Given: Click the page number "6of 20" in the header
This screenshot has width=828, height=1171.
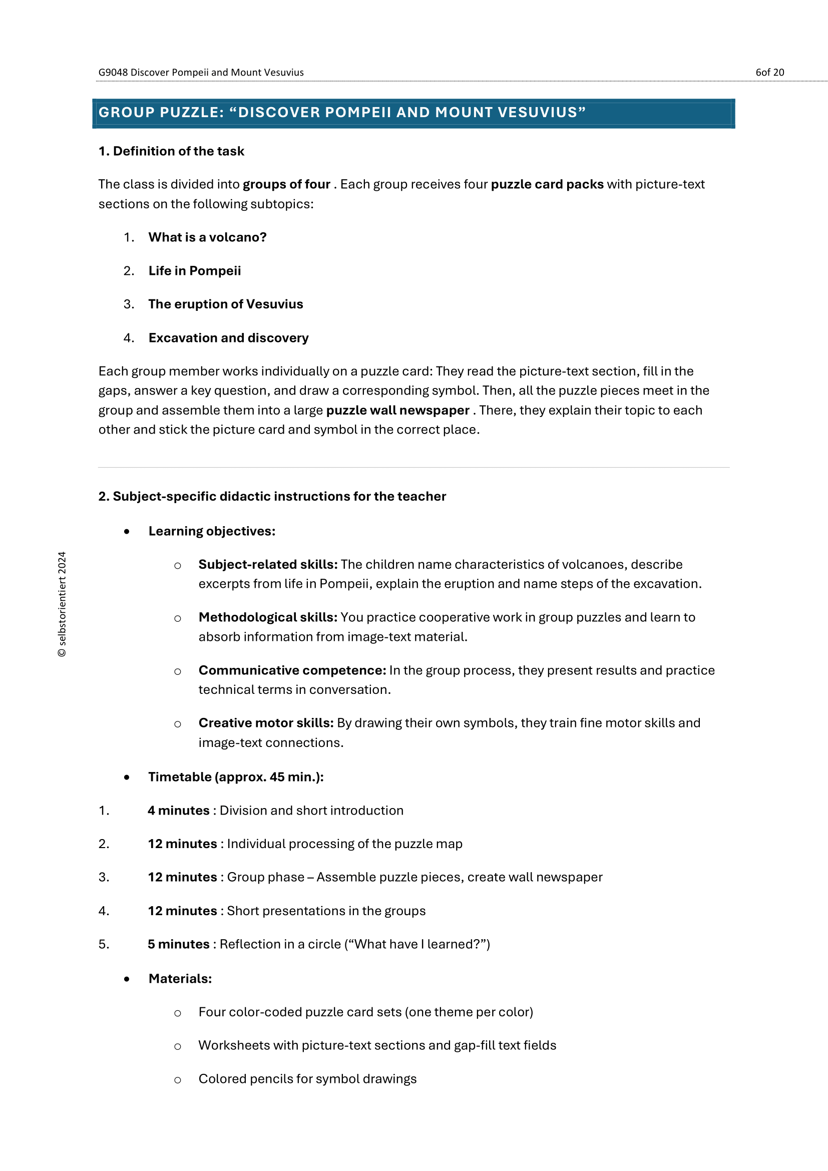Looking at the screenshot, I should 769,73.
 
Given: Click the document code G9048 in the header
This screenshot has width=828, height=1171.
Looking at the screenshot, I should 113,73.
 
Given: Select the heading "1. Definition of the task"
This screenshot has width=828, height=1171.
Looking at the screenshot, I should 171,152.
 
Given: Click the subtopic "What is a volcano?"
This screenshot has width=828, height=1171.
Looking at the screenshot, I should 208,238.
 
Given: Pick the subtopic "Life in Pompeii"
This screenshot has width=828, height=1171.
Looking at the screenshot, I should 195,271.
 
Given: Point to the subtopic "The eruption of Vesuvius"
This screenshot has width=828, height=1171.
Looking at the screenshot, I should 226,304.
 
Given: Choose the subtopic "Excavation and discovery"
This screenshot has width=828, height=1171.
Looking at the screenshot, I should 228,338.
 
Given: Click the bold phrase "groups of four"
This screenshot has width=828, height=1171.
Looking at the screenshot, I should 286,185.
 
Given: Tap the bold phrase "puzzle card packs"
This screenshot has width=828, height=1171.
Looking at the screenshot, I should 547,185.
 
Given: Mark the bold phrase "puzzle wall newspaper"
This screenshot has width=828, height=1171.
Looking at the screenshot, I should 397,411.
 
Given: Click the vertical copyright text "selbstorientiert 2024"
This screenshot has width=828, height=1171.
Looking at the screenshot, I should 62,604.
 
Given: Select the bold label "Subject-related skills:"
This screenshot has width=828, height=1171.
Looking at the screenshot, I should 268,565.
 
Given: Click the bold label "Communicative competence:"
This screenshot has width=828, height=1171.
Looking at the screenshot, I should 292,671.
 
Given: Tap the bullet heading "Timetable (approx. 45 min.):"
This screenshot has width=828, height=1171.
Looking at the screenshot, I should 236,777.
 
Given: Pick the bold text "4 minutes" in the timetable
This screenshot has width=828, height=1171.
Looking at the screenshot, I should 178,811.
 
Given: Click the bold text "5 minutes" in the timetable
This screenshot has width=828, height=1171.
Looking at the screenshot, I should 178,945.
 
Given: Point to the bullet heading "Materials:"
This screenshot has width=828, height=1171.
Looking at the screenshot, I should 180,979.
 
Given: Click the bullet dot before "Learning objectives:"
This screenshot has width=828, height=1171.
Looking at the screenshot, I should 127,532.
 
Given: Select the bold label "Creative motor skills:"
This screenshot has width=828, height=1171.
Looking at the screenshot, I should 266,723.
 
